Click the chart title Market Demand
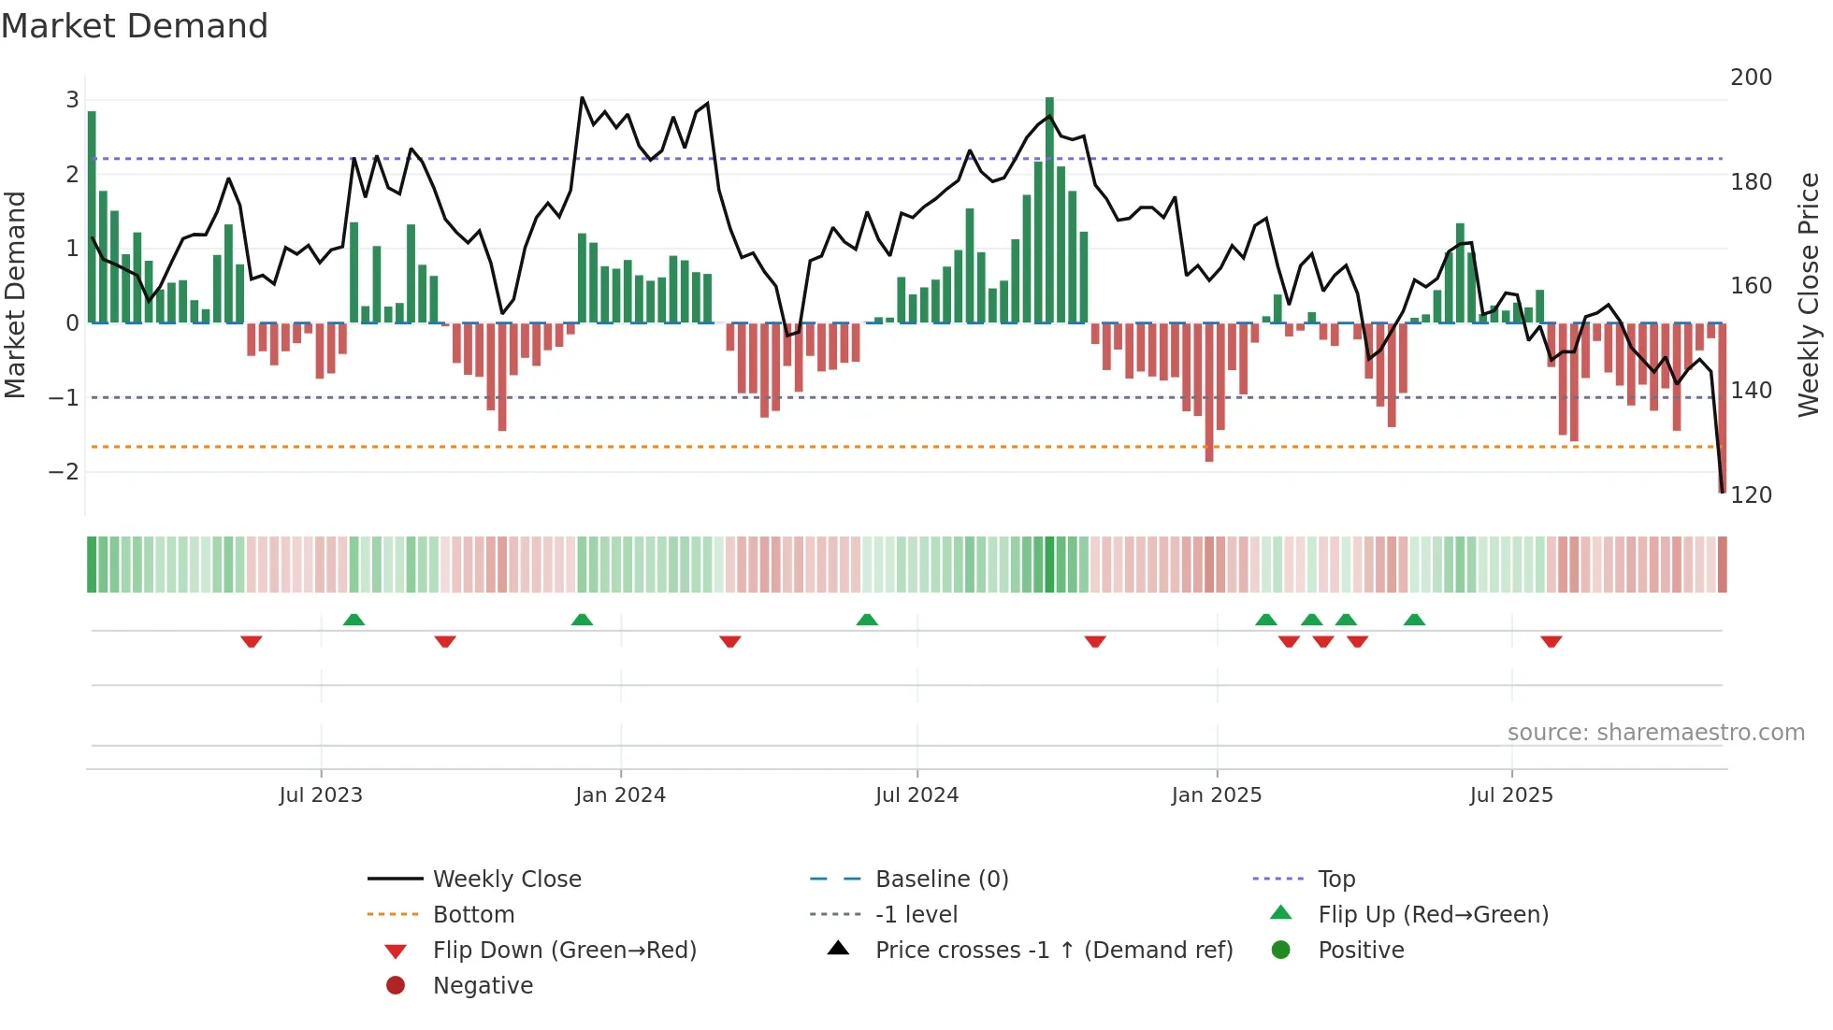coord(135,26)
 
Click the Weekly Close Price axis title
coord(1809,293)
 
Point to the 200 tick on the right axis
coord(1751,78)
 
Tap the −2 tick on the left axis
coord(64,472)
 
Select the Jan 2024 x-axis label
coord(620,795)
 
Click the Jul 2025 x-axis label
coord(1510,795)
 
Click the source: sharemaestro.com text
coord(1655,733)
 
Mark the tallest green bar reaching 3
coord(1049,210)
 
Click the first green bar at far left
coord(92,217)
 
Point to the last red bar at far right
coord(1722,407)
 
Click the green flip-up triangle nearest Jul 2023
coord(354,620)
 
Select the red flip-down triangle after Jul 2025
coord(1551,641)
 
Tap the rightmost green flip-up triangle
coord(1414,620)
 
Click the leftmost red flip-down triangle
coord(251,641)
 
